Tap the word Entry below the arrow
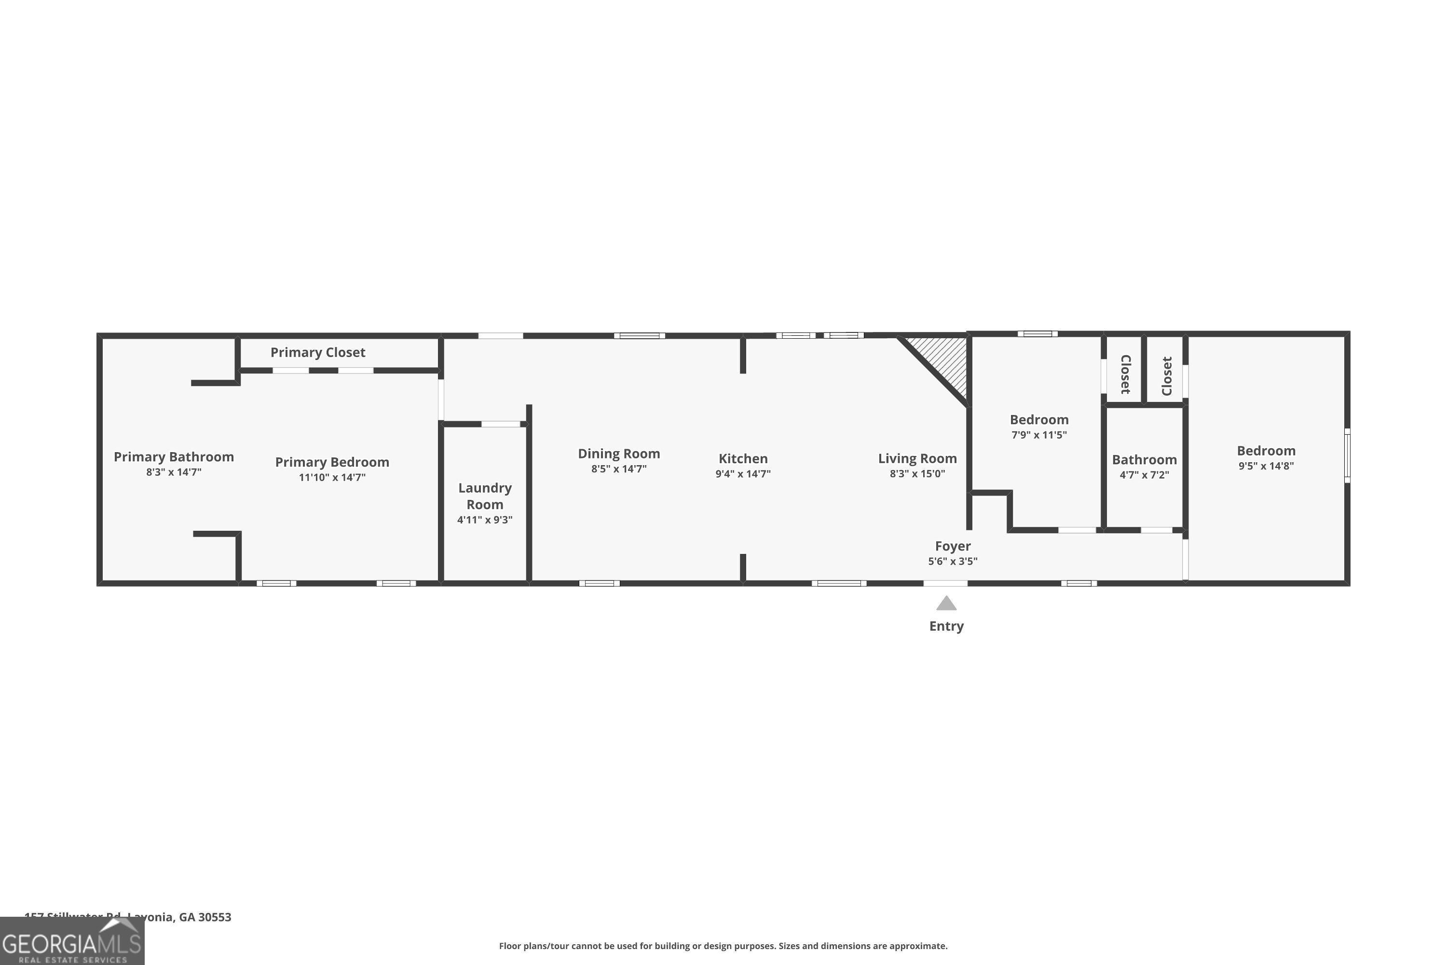946,626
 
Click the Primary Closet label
317,352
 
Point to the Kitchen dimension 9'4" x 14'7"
743,473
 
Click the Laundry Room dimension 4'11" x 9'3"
484,520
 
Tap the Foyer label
952,546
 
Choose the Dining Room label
618,454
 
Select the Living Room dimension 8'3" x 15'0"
917,473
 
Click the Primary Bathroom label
174,456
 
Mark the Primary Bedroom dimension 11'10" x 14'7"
332,477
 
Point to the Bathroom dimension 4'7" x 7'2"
1144,474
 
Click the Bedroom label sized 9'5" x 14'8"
1266,451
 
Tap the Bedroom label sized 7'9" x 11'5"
1038,420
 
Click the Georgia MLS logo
72,942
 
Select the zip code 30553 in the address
214,917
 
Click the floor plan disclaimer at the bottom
723,946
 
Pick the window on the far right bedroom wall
1346,455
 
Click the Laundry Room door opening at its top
500,424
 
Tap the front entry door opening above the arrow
945,583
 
